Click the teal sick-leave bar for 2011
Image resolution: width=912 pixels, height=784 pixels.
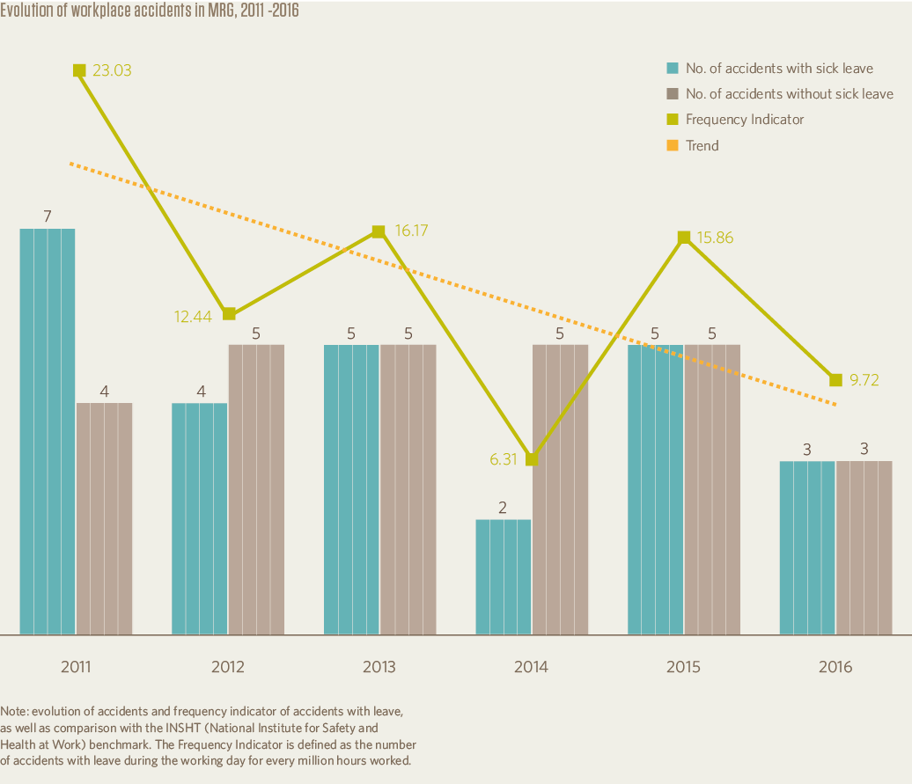[48, 431]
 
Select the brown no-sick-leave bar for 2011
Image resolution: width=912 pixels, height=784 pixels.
[105, 518]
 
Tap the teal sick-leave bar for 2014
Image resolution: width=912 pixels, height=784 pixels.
[504, 576]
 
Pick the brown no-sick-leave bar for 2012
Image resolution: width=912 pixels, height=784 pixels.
[256, 489]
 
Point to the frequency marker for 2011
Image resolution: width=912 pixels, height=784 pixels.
[79, 70]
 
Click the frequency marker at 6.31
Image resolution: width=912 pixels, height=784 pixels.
[532, 459]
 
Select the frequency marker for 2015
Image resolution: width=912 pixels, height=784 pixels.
[684, 237]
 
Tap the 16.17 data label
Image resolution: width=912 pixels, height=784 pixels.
[414, 231]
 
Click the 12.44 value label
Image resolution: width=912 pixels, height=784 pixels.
[193, 314]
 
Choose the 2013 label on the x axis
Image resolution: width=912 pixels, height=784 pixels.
[379, 667]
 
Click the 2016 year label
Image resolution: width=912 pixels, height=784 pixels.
[835, 667]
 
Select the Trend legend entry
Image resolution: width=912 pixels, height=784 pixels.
[702, 145]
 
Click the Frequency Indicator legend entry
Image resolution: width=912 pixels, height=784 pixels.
[744, 120]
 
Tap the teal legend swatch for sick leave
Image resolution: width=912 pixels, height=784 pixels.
[673, 69]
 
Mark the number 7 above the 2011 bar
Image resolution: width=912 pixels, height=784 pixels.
[48, 216]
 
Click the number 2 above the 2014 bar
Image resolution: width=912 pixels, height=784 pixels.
[504, 507]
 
